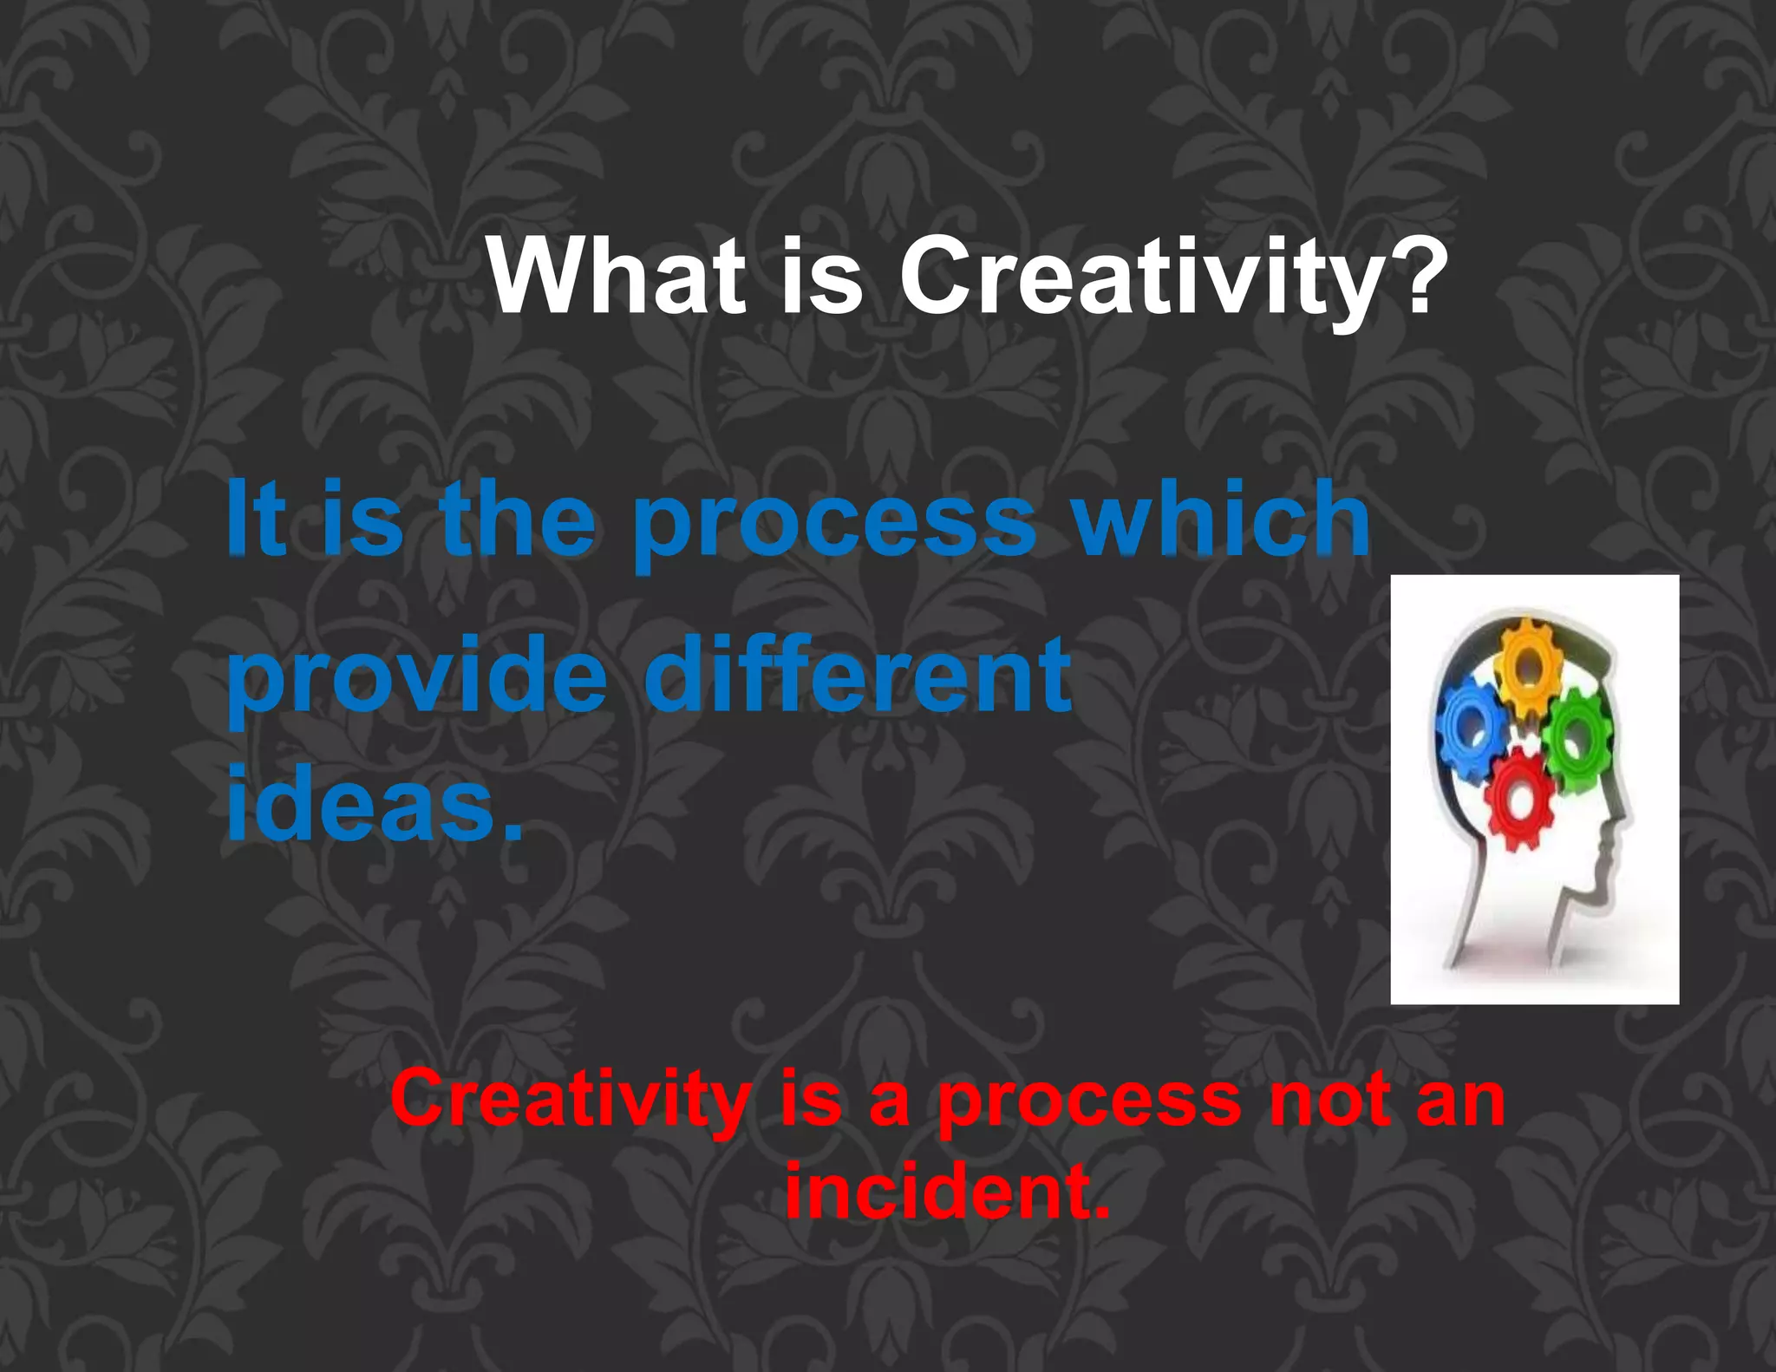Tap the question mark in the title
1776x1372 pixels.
coord(1421,276)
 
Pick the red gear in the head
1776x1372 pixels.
coord(1518,798)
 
